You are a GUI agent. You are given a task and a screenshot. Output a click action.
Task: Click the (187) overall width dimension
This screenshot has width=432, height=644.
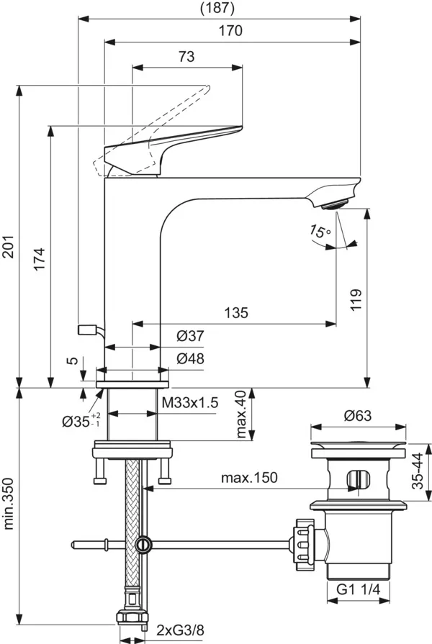coord(219,8)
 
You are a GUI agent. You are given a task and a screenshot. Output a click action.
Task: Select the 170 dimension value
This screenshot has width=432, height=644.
coord(231,31)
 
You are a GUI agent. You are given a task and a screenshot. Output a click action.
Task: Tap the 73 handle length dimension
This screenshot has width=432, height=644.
coord(186,58)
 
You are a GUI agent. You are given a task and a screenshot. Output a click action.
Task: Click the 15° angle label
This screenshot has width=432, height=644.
coord(320,232)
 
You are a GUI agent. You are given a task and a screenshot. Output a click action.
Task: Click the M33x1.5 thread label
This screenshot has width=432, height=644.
coord(190,402)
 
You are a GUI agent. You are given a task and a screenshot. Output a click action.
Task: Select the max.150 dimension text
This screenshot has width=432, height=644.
coord(248,477)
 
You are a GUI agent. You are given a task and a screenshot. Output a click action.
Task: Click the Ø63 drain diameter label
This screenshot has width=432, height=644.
coord(357,415)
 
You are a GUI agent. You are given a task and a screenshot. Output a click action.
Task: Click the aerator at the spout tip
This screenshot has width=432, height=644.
coord(336,204)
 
